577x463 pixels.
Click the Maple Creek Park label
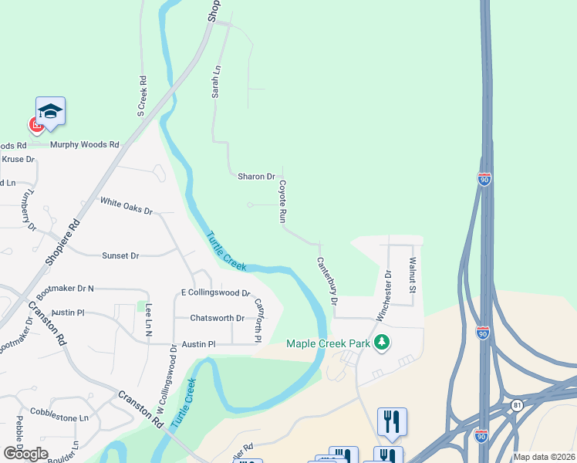328,343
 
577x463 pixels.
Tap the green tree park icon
380,342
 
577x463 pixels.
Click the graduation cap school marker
50,111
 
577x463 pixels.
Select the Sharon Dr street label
256,177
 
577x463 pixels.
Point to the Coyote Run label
283,201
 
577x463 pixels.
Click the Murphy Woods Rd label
85,144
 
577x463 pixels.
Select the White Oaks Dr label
127,205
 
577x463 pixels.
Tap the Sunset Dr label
120,255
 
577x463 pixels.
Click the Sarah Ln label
217,81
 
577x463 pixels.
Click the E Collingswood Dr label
215,292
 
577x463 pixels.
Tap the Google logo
25,454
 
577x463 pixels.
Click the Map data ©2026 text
544,457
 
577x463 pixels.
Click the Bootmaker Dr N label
65,289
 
